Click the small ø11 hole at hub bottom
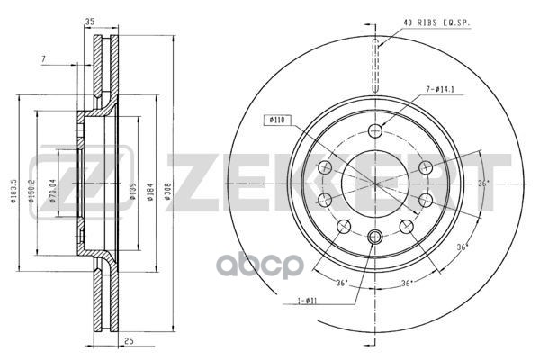pyautogui.click(x=376, y=237)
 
